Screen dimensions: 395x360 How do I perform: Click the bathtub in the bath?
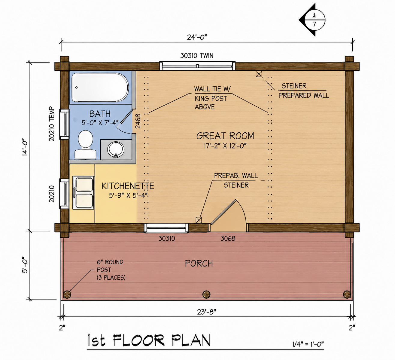[x=100, y=87]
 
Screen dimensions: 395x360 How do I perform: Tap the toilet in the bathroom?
[x=86, y=144]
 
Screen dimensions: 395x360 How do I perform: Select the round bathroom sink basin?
[x=116, y=149]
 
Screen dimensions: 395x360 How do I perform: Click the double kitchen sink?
[x=84, y=192]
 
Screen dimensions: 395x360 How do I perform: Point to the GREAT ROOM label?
[x=225, y=136]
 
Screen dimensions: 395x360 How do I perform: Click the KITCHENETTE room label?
[x=128, y=186]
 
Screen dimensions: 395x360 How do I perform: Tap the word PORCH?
[x=199, y=263]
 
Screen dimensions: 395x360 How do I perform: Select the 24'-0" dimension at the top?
[x=197, y=37]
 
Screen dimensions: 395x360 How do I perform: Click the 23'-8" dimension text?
[x=206, y=312]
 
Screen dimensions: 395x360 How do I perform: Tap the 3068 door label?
[x=228, y=239]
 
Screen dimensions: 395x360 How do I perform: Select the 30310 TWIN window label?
[x=197, y=56]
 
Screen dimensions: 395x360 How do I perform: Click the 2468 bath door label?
[x=138, y=121]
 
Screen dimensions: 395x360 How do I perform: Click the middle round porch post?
[x=206, y=294]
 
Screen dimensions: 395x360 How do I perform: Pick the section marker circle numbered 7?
[x=314, y=20]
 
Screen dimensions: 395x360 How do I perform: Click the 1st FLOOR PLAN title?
[x=149, y=340]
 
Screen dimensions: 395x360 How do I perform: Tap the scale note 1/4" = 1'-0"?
[x=308, y=344]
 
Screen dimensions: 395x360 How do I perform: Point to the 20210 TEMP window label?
[x=52, y=124]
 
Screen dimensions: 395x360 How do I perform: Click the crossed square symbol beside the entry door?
[x=199, y=220]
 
